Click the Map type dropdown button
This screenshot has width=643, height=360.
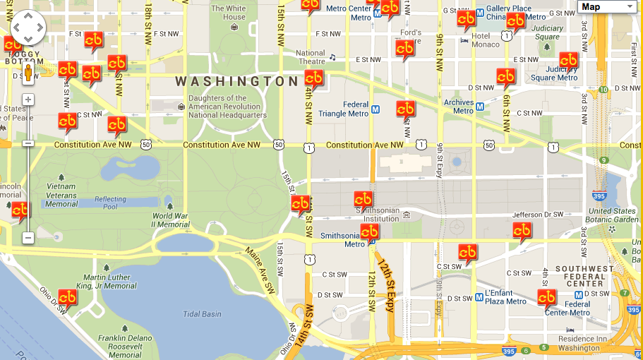(x=608, y=7)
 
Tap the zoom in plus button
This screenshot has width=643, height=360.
(x=28, y=100)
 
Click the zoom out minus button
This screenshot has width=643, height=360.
(x=28, y=238)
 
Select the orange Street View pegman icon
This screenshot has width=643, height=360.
(x=28, y=73)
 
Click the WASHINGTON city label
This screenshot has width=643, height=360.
(x=237, y=82)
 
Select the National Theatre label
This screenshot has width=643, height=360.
(x=311, y=57)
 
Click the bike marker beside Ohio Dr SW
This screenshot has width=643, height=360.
(x=68, y=299)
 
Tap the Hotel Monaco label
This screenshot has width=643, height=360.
(x=486, y=40)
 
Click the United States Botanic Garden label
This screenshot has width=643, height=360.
(x=613, y=215)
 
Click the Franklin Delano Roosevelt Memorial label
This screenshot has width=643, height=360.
(x=125, y=347)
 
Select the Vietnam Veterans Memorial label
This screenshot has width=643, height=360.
(x=61, y=195)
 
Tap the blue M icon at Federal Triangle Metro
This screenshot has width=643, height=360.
(x=376, y=109)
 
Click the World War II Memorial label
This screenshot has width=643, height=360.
(x=170, y=220)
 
